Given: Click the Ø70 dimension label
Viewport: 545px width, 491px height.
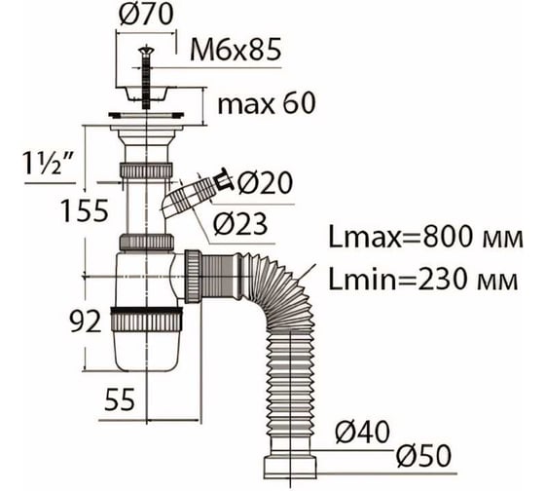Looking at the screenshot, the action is (x=146, y=15).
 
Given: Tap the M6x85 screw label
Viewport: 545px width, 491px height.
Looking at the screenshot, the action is (x=236, y=50).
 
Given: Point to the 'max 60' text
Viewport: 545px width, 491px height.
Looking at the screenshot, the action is (x=267, y=103).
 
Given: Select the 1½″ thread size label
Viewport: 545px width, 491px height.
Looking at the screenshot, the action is (x=48, y=164).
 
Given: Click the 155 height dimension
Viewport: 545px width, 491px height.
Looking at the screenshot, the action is (x=85, y=210).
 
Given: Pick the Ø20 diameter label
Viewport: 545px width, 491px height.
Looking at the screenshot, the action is (x=265, y=182).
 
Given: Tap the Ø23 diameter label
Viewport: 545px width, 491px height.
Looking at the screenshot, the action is (x=240, y=223).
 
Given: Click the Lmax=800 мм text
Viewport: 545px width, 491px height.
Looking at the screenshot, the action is (x=426, y=238).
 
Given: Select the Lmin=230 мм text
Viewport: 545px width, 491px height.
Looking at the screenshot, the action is (x=423, y=279).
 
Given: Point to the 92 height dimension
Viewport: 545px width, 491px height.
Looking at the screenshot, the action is (x=86, y=321).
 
